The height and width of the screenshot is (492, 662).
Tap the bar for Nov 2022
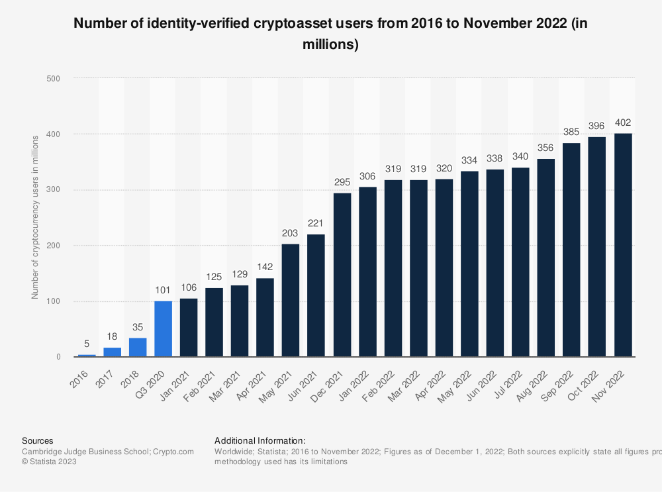point(623,245)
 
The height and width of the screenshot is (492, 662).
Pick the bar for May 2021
point(291,301)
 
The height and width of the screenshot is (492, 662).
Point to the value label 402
point(623,123)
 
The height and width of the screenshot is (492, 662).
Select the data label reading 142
point(265,268)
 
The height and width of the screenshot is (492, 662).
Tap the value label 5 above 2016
point(87,344)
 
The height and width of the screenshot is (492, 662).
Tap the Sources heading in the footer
point(38,440)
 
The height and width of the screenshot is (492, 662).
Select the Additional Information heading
point(260,440)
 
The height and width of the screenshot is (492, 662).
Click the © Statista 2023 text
point(49,462)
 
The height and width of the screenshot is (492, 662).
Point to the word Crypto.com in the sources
point(173,452)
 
